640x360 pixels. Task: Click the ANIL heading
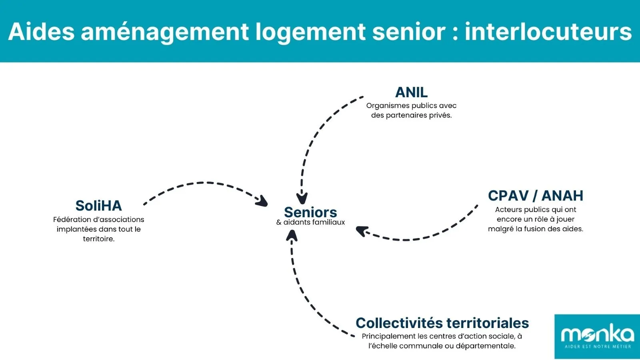coord(411,92)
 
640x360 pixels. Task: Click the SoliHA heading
coord(98,206)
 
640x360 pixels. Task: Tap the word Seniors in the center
coord(310,212)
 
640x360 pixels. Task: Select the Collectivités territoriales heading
coord(442,323)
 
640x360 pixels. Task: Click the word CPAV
coord(508,196)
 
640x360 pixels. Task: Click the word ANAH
coord(562,196)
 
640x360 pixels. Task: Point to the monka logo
coord(597,336)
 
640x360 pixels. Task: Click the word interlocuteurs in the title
coord(548,32)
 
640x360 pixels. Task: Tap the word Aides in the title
coord(41,32)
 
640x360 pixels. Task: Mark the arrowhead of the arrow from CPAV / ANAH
coord(361,231)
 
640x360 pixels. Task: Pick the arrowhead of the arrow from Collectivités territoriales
coord(292,236)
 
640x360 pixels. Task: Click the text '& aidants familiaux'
coord(310,222)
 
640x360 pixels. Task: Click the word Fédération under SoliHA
coord(72,220)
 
